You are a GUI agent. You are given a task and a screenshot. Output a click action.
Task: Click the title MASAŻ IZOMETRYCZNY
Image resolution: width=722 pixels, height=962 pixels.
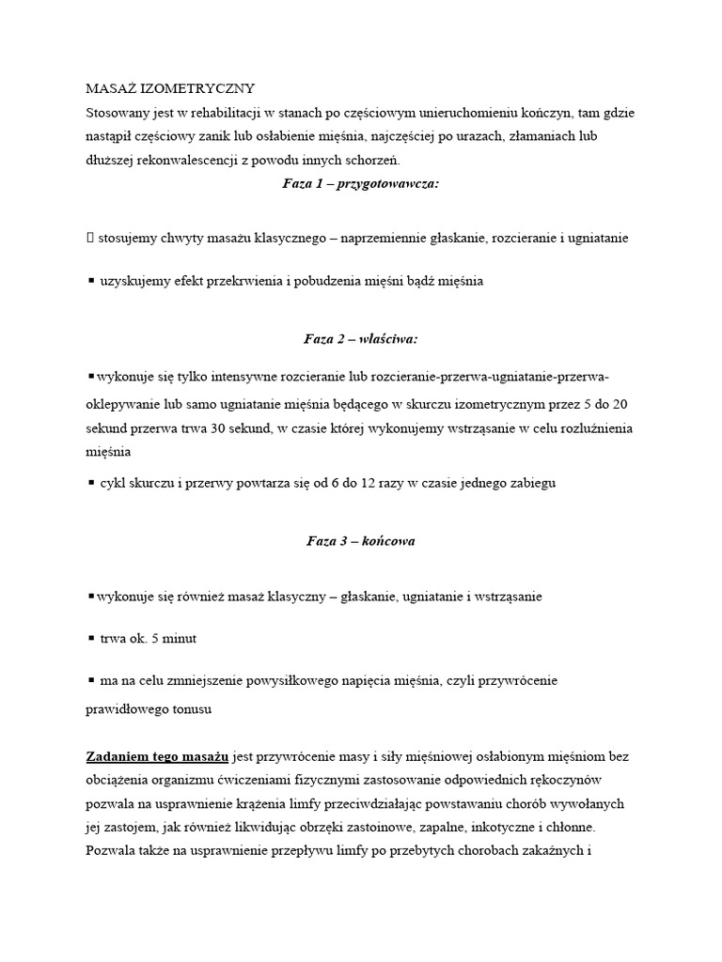click(170, 88)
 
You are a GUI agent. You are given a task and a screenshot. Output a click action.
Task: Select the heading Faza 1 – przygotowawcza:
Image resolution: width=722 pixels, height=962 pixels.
click(360, 183)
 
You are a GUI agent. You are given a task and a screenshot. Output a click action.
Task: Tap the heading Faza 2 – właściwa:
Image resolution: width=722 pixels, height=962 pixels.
click(360, 338)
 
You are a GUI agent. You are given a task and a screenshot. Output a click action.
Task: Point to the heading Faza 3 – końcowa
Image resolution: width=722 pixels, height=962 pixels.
click(360, 541)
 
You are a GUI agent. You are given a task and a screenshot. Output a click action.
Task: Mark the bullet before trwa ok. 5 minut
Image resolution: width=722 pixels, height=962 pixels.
click(90, 638)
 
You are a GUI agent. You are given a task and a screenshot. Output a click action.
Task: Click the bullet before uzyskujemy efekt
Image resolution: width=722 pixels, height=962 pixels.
click(90, 280)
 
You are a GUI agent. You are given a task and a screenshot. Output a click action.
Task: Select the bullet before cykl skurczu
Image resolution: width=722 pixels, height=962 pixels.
click(90, 483)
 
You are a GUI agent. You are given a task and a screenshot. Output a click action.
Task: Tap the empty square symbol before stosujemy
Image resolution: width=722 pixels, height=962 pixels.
click(90, 239)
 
